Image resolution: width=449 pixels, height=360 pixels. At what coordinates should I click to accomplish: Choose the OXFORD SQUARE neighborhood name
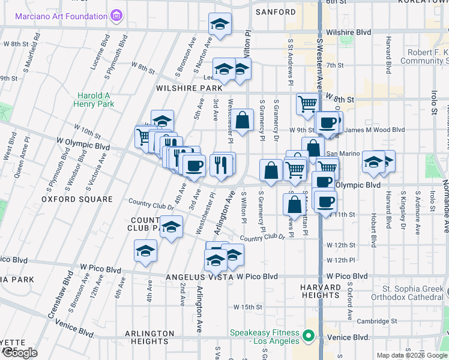(x=77, y=199)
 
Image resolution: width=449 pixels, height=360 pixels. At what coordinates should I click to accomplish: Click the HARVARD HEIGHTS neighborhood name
(x=321, y=291)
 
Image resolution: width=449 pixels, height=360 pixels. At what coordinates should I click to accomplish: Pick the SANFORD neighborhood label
(x=276, y=12)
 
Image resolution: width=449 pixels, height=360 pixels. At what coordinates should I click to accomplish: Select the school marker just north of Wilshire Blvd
(x=220, y=25)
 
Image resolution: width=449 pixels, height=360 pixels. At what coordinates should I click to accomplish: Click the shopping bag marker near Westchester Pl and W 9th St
(x=243, y=120)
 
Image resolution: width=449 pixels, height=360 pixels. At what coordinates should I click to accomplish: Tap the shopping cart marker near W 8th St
(x=307, y=103)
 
